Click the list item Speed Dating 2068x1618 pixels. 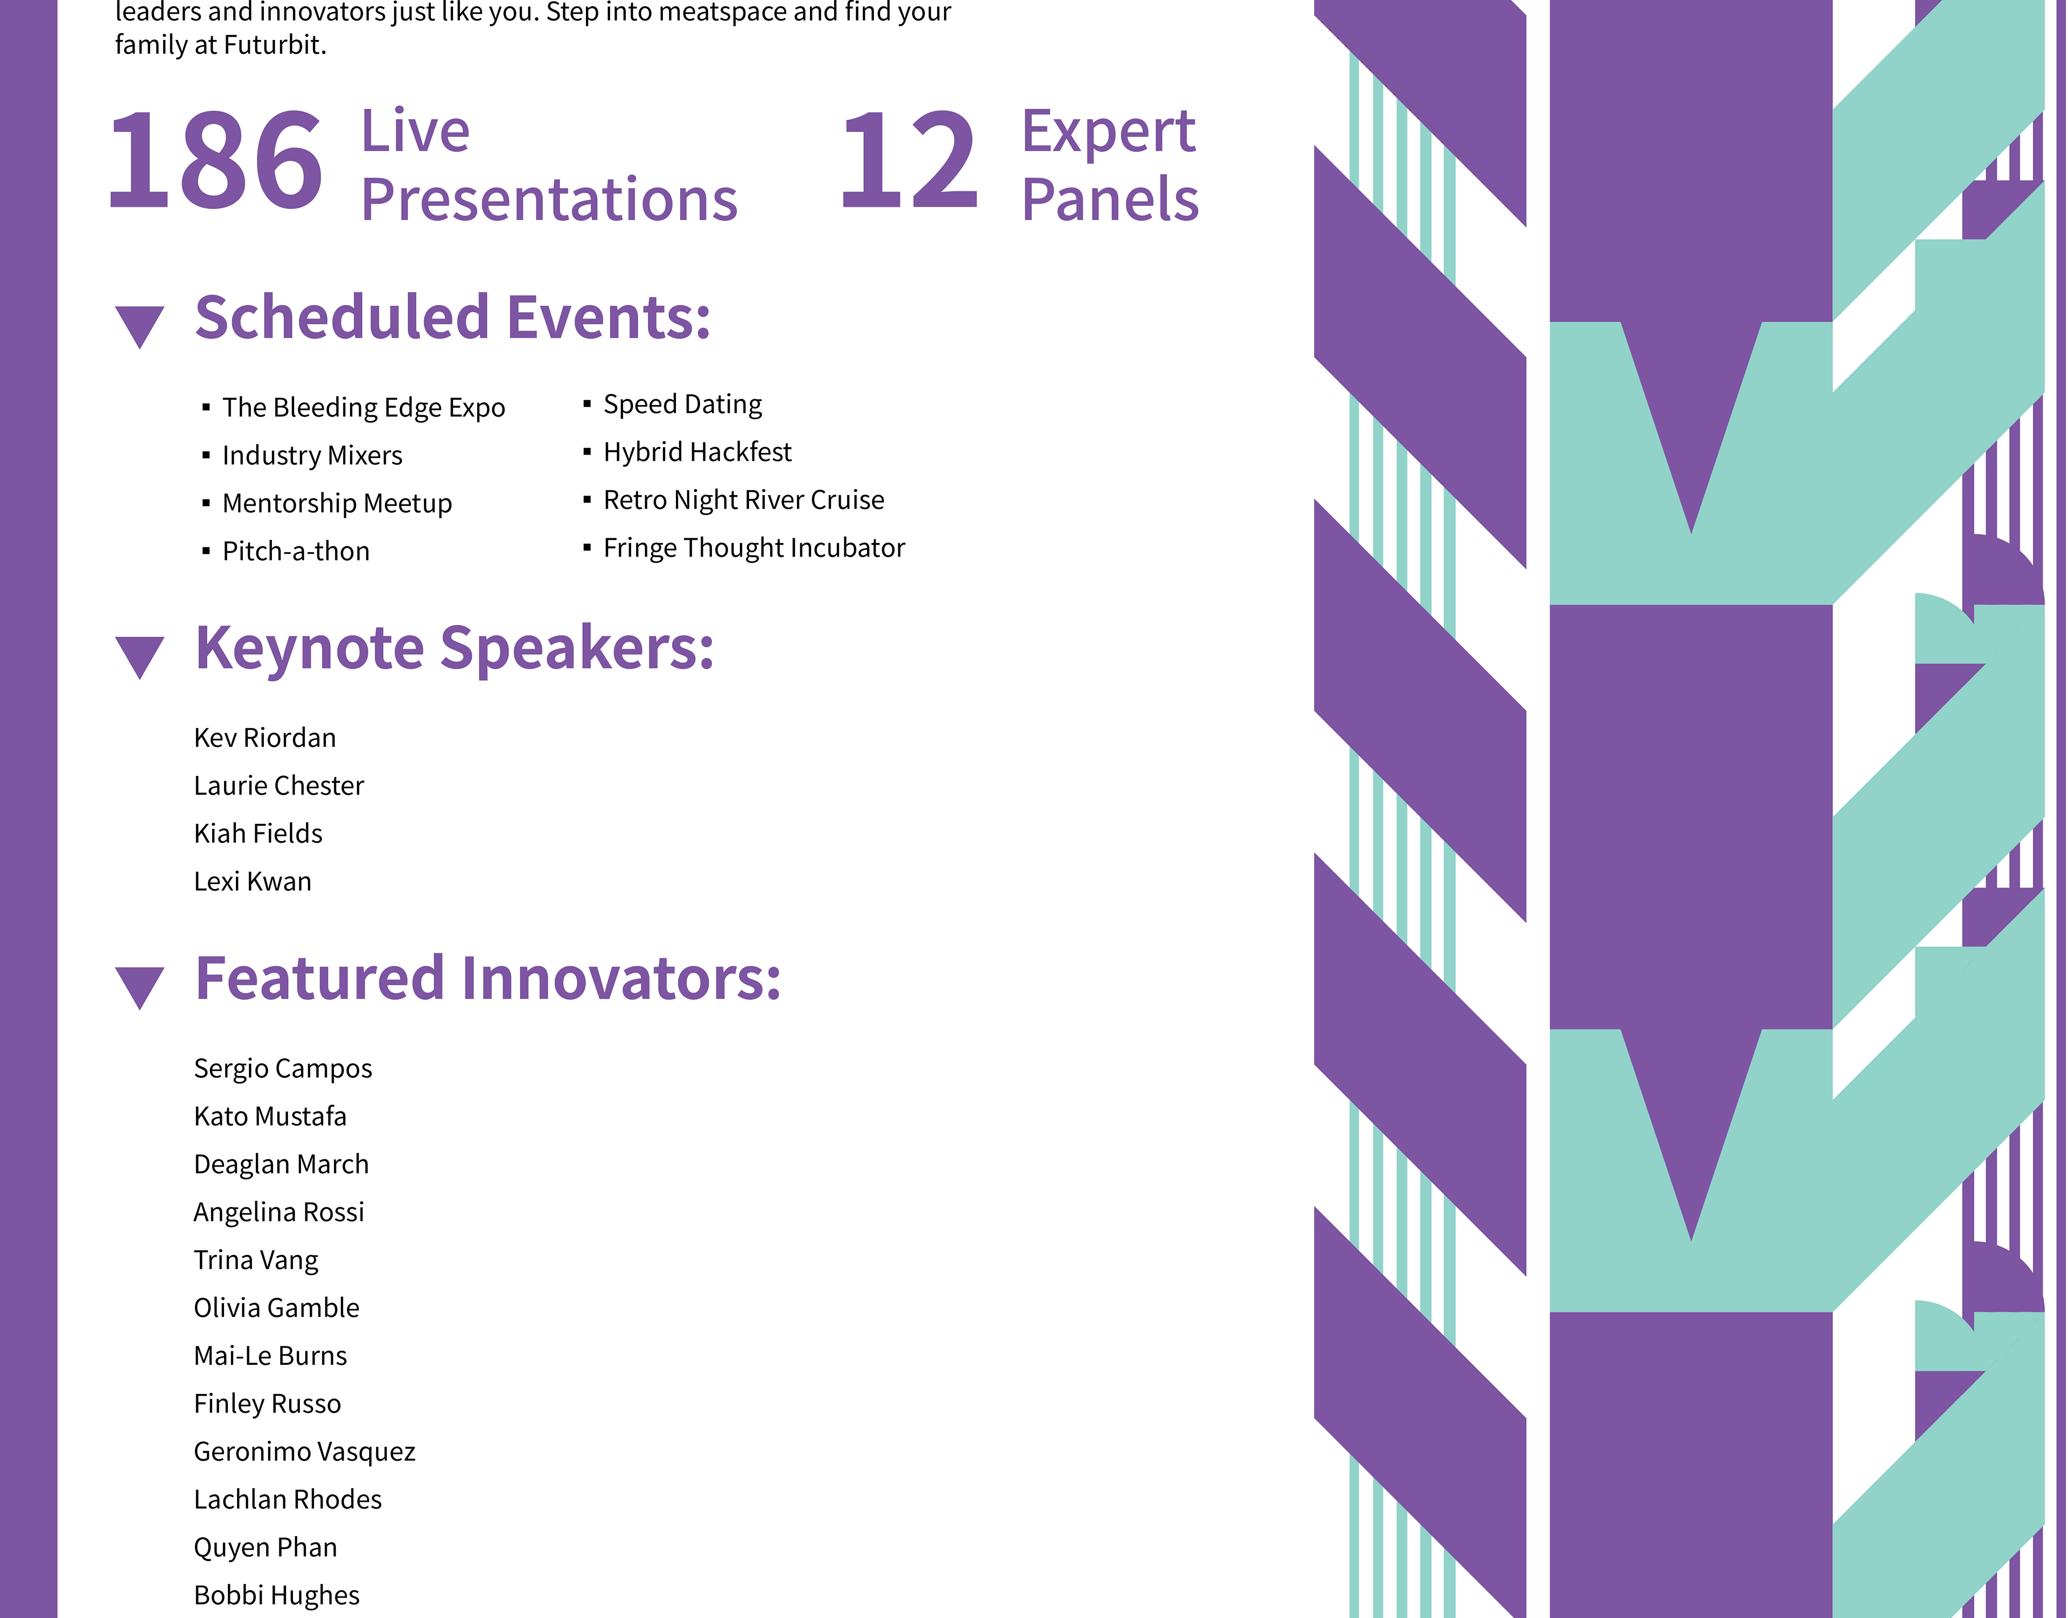(x=683, y=405)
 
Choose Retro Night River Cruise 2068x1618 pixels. (x=744, y=500)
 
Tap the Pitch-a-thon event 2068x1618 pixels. (x=296, y=551)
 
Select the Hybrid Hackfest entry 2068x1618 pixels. (x=698, y=452)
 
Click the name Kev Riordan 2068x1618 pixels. (x=265, y=738)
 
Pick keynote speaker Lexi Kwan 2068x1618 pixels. (x=253, y=882)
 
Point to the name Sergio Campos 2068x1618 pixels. (x=283, y=1068)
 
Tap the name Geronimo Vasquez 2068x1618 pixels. (x=305, y=1452)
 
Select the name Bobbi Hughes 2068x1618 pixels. (x=276, y=1595)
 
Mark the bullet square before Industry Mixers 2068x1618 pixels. (x=206, y=456)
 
